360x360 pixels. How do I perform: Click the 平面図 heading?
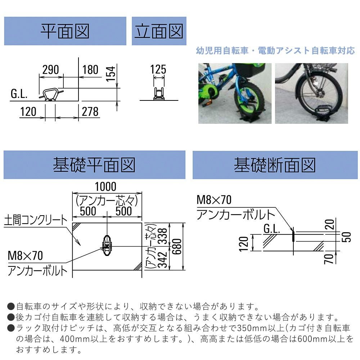(x=65, y=31)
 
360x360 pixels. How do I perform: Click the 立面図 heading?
(x=159, y=31)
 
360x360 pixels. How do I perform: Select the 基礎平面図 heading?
(x=94, y=165)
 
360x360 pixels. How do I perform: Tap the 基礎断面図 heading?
(x=275, y=165)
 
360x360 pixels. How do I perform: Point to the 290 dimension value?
(x=50, y=69)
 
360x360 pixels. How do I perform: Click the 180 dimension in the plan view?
(x=90, y=69)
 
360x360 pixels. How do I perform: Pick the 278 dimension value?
(x=90, y=112)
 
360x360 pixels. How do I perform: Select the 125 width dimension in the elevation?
(x=158, y=69)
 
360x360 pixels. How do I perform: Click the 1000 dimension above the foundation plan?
(x=105, y=186)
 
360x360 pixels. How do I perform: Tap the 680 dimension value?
(x=177, y=247)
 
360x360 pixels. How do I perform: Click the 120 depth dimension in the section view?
(x=244, y=244)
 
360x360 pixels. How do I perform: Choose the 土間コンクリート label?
(x=36, y=220)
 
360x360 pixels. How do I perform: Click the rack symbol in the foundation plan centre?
(x=107, y=246)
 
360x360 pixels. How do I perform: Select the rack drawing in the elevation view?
(x=159, y=94)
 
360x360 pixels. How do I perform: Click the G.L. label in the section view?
(x=271, y=229)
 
